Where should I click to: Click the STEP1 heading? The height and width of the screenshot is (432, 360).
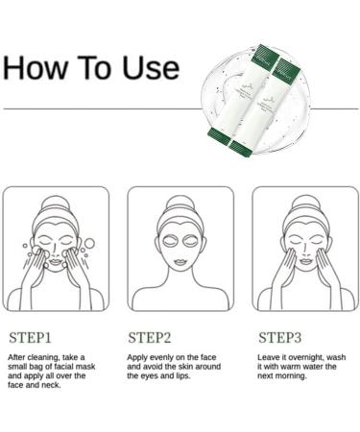pyautogui.click(x=32, y=337)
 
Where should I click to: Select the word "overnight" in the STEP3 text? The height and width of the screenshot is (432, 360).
pyautogui.click(x=308, y=356)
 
